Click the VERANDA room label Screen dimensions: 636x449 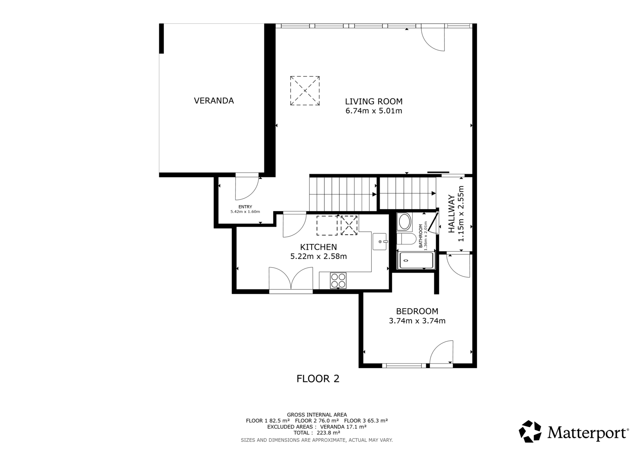214,101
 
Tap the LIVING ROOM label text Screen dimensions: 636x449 374,101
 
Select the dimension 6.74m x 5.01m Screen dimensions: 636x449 374,111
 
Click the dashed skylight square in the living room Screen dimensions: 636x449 304,91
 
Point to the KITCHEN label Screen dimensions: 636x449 318,247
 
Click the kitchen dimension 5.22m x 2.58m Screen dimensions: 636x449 318,256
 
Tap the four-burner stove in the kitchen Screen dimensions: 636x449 338,281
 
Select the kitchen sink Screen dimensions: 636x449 380,242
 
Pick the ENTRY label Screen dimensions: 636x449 245,207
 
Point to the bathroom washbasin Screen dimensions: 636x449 404,222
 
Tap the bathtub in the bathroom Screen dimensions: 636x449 416,260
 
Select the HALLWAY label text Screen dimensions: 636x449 452,214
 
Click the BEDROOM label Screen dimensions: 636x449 417,311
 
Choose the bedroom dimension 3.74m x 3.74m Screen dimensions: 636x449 417,321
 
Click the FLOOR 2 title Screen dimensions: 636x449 318,379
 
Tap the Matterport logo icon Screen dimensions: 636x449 530,431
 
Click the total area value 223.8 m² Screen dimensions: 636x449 328,433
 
